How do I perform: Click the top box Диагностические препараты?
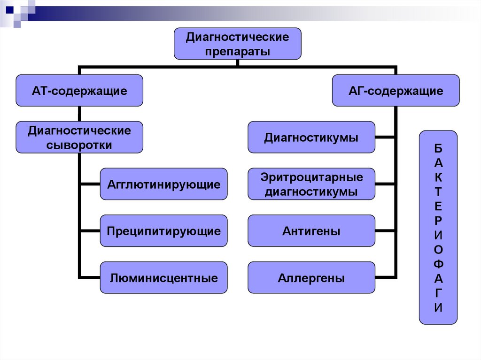point(237,44)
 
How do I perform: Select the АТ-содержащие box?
point(79,91)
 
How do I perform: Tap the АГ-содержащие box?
point(396,91)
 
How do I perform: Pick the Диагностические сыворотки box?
point(79,137)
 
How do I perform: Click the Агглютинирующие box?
point(164,184)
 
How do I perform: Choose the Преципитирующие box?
point(164,230)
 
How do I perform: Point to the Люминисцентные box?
point(164,277)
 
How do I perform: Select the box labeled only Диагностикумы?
point(311,137)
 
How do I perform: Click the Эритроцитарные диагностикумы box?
point(311,184)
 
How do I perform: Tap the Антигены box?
point(311,230)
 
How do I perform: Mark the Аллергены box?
point(311,277)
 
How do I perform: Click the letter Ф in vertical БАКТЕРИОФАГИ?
point(438,264)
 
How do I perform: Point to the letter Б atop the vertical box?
point(438,148)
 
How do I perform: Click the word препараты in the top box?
point(237,51)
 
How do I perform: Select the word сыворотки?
point(79,145)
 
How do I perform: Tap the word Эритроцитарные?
point(312,177)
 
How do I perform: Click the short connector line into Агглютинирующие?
point(90,184)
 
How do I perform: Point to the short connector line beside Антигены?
point(385,230)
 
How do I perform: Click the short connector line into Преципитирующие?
point(90,230)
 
